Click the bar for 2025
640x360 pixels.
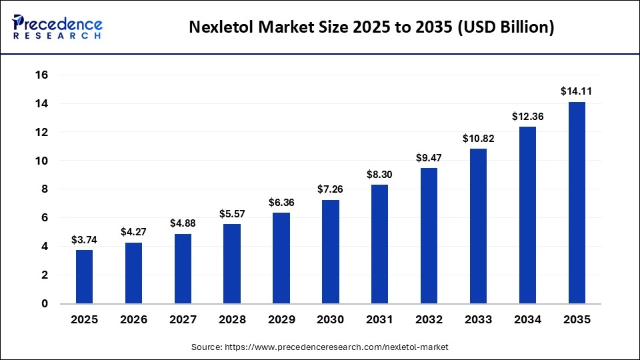(x=84, y=277)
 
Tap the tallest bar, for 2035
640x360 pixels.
(x=576, y=203)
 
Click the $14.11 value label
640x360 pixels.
(x=576, y=91)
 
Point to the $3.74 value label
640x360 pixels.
(x=84, y=239)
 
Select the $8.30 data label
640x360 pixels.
(x=379, y=174)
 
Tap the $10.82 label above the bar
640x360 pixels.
(x=478, y=138)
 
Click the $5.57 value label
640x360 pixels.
(x=231, y=213)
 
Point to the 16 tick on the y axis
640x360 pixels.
(x=41, y=75)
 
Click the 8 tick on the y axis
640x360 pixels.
(x=45, y=189)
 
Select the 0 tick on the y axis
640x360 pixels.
(x=45, y=304)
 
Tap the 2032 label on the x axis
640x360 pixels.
(x=429, y=320)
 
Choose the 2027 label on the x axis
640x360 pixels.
(x=183, y=320)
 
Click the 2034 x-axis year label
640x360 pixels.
(x=527, y=320)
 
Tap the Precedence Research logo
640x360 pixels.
(x=57, y=27)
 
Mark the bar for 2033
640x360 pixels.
(x=478, y=226)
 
